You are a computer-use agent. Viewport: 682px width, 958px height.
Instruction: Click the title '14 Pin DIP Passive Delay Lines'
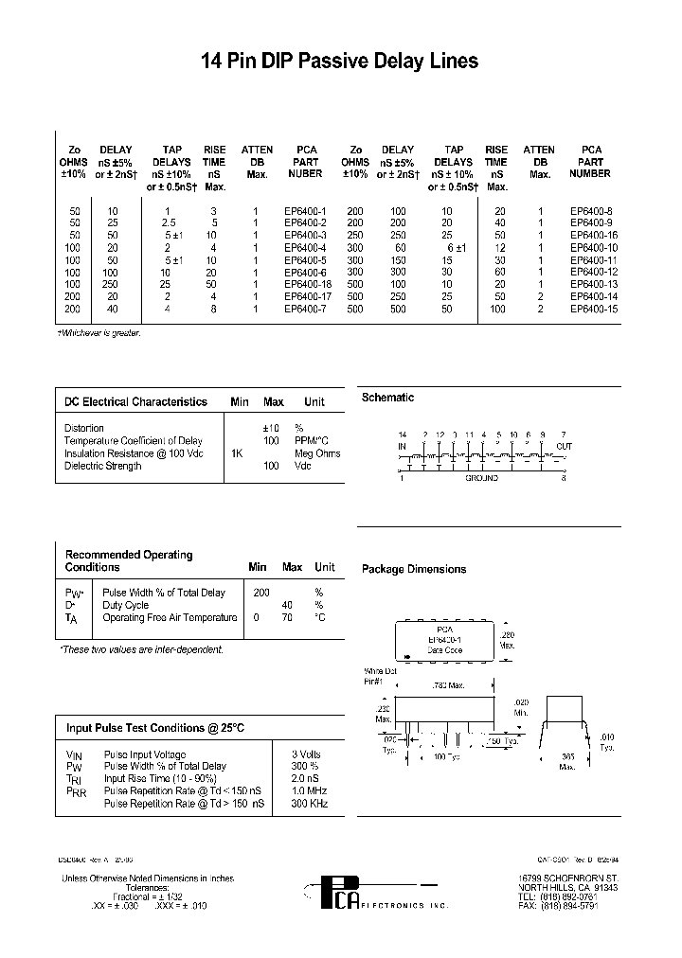[x=340, y=62]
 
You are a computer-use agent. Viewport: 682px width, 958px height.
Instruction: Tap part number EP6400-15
[x=593, y=309]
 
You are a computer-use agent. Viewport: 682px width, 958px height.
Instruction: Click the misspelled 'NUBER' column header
[x=305, y=174]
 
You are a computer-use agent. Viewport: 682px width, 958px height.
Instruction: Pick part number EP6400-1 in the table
[x=305, y=210]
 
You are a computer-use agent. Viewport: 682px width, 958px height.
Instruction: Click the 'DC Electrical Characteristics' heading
[x=135, y=402]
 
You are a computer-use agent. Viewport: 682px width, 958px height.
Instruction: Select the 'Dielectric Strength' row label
[x=103, y=466]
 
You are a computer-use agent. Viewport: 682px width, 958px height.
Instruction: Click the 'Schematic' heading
[x=387, y=399]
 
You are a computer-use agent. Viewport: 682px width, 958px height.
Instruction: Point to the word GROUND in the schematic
[x=481, y=479]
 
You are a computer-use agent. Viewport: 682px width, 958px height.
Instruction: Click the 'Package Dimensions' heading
[x=414, y=570]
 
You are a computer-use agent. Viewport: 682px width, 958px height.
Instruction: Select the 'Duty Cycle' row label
[x=125, y=605]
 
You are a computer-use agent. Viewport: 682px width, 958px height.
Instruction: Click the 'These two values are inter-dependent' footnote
[x=141, y=650]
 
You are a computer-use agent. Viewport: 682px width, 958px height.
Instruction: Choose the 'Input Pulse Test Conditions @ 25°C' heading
[x=153, y=728]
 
